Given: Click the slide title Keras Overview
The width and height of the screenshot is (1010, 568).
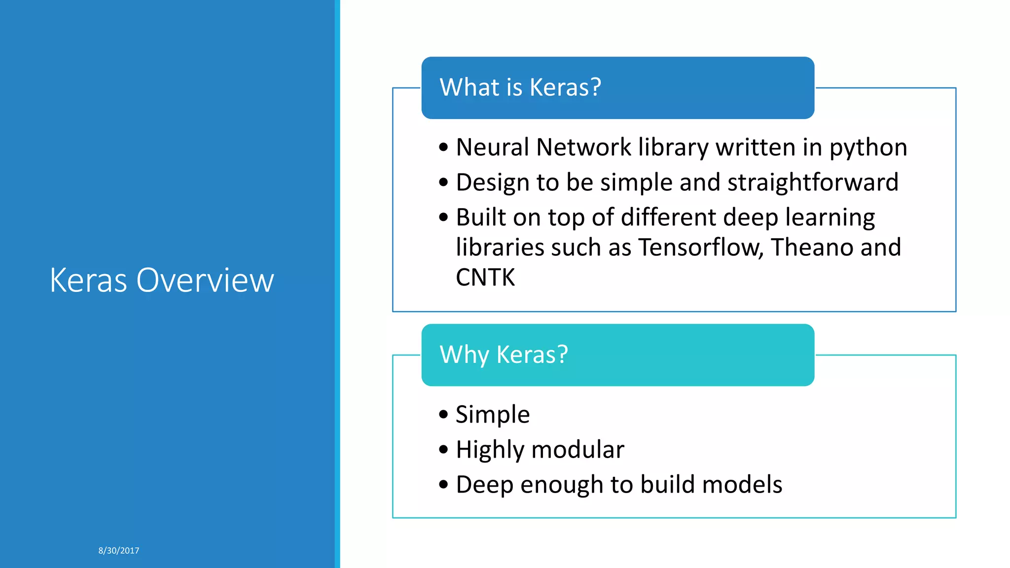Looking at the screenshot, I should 161,280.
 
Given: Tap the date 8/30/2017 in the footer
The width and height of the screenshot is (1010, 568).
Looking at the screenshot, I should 118,550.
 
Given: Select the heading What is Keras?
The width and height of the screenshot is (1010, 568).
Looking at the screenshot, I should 520,87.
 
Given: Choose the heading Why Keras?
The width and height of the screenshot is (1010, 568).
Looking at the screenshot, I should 504,355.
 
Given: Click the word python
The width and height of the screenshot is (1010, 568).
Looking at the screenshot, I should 867,148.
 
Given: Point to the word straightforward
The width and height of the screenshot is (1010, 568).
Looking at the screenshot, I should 812,182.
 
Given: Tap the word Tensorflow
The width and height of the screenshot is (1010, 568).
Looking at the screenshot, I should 701,247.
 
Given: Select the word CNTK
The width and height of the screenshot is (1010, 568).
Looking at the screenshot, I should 485,277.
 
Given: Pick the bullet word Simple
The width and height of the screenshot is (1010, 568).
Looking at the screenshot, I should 492,415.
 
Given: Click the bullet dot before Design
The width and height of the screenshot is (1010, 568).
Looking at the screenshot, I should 443,182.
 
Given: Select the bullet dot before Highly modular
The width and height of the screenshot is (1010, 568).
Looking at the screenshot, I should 443,450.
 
